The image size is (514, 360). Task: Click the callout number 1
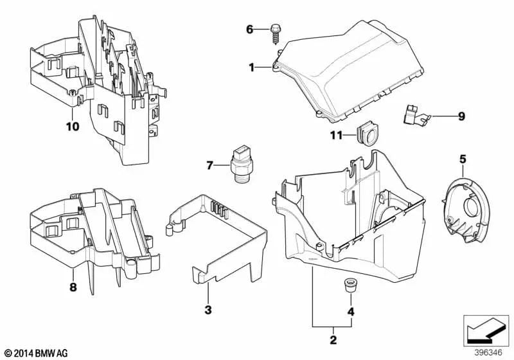[x=252, y=66]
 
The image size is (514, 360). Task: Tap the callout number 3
[x=208, y=311]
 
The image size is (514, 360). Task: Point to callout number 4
[x=350, y=312]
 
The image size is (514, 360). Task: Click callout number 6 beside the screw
[x=250, y=29]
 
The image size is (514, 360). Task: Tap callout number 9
[x=461, y=116]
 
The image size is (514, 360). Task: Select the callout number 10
[x=72, y=126]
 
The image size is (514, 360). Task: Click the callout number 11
[x=337, y=135]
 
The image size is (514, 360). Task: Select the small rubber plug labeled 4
[x=350, y=285]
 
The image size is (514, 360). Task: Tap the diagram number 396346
[x=488, y=352]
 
